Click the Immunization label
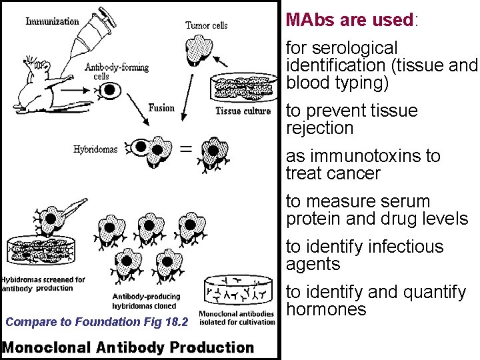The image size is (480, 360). coord(52,21)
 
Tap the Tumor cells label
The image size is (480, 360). coord(206,25)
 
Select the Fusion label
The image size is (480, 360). coord(161,108)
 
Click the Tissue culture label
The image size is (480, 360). coord(243,111)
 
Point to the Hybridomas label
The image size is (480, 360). coord(95,149)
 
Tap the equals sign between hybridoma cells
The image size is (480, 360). coord(187,149)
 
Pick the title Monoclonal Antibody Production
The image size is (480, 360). coord(128,347)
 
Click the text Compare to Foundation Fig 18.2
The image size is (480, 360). coord(97,322)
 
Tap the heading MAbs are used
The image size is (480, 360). coord(349,20)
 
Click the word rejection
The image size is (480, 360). coord(319,128)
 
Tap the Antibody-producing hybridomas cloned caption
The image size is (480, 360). coord(146,301)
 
